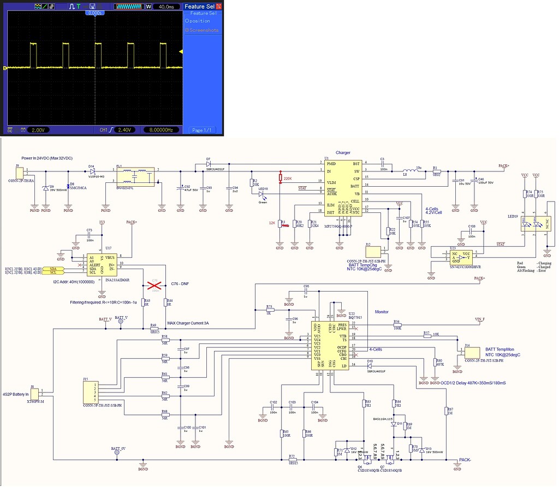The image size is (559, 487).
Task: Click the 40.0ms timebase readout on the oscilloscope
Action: [x=166, y=7]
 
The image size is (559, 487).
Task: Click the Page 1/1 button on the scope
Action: [x=203, y=130]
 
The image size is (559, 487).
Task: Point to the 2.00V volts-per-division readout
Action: [x=39, y=130]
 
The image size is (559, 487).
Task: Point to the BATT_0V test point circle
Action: [x=117, y=453]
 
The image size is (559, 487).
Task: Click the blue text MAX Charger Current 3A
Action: [x=188, y=323]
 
